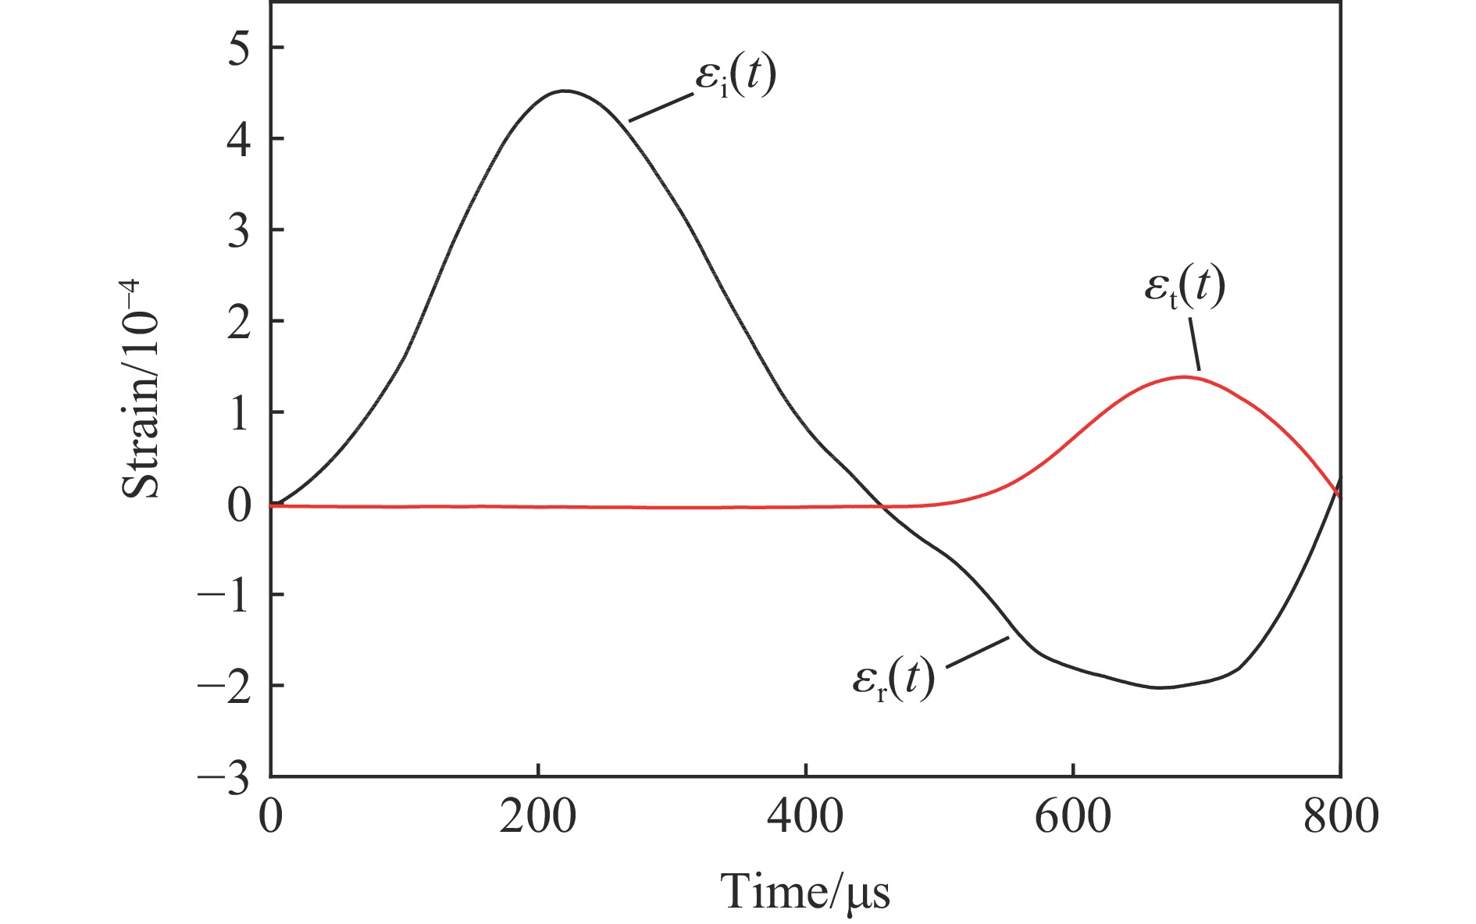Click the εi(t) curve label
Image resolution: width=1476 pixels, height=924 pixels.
pyautogui.click(x=735, y=78)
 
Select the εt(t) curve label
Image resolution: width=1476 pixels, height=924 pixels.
pyautogui.click(x=1184, y=288)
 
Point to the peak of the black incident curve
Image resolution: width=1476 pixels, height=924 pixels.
pyautogui.click(x=565, y=91)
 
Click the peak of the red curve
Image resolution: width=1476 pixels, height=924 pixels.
pyautogui.click(x=1185, y=377)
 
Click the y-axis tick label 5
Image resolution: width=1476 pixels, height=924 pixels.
pyautogui.click(x=240, y=48)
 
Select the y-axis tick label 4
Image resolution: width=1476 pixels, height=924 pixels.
pyautogui.click(x=240, y=140)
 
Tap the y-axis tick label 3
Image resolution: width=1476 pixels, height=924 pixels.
pyautogui.click(x=240, y=230)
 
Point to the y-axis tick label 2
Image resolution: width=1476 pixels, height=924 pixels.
pyautogui.click(x=240, y=322)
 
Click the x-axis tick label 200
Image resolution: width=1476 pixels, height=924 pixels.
pyautogui.click(x=538, y=817)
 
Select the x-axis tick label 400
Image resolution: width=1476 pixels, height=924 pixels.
pyautogui.click(x=805, y=817)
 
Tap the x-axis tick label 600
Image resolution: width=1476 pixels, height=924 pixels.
pyautogui.click(x=1073, y=817)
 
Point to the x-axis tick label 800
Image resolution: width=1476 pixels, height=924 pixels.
pyautogui.click(x=1340, y=817)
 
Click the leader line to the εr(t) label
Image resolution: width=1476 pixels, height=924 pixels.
pyautogui.click(x=978, y=653)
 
